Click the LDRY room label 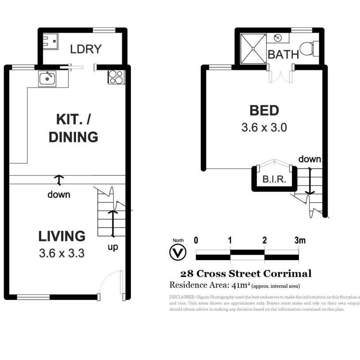coord(86,49)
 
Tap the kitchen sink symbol coord(47,79)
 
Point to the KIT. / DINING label coord(73,128)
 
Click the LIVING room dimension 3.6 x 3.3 coord(61,254)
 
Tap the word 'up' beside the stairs coord(113,247)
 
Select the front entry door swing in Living coord(111,283)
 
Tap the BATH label coord(283,55)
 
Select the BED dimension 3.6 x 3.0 coord(264,128)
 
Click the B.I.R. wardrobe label coord(274,180)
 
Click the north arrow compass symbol coord(178,253)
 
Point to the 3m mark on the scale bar coord(300,241)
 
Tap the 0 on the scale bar coord(196,241)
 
